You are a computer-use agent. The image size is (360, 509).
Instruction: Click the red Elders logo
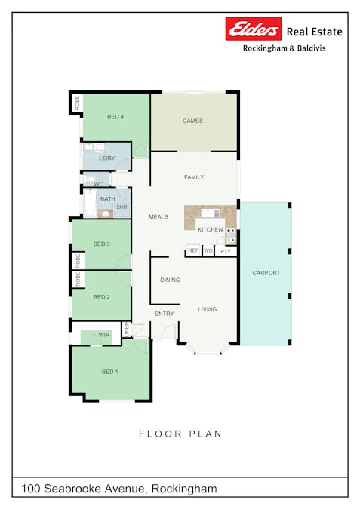(x=254, y=29)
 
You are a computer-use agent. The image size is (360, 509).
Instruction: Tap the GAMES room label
(x=192, y=121)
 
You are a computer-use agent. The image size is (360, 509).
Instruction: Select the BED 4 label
(x=115, y=117)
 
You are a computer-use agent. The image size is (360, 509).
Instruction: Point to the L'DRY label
(x=107, y=158)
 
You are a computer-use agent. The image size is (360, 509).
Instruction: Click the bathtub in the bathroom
(x=90, y=203)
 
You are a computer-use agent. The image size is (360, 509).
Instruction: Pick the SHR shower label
(x=122, y=207)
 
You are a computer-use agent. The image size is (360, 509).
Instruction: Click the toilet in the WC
(x=91, y=179)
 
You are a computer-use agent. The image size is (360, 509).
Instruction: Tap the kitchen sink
(x=211, y=213)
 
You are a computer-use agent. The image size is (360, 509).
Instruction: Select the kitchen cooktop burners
(x=231, y=236)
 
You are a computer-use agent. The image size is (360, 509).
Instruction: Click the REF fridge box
(x=193, y=250)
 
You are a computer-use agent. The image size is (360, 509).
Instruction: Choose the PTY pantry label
(x=226, y=251)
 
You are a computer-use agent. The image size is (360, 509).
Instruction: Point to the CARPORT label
(x=266, y=273)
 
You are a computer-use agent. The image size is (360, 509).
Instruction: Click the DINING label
(x=170, y=280)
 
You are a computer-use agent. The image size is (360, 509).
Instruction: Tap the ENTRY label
(x=164, y=314)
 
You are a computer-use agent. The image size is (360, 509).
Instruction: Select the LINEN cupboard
(x=126, y=330)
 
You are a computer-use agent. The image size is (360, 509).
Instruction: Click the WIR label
(x=104, y=335)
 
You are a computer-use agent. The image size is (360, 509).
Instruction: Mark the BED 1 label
(x=110, y=372)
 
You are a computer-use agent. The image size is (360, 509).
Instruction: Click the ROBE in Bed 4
(x=77, y=103)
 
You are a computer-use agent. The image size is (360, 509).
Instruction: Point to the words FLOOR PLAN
(x=180, y=434)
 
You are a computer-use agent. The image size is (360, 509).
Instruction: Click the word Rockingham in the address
(x=184, y=489)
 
